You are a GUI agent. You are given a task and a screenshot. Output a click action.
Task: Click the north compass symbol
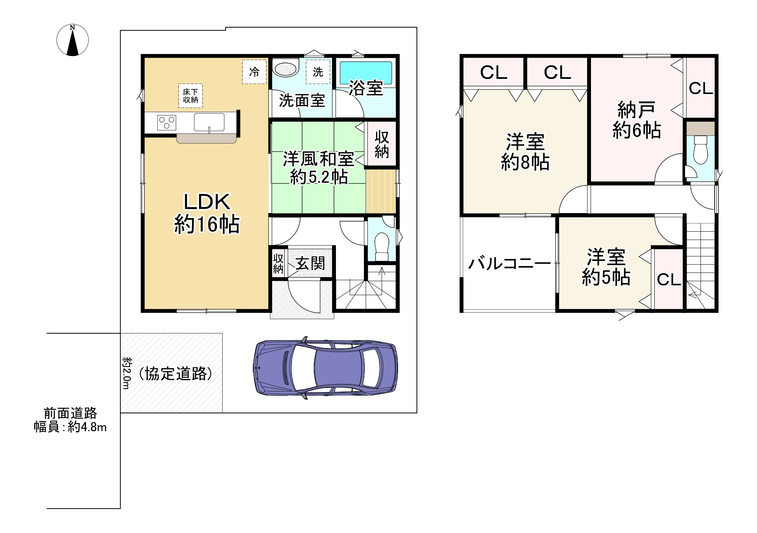[73, 40]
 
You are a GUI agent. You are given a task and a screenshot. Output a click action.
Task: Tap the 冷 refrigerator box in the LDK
[254, 72]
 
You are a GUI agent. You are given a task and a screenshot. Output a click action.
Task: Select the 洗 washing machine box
[318, 72]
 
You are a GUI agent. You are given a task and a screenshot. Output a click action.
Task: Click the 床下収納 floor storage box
[191, 96]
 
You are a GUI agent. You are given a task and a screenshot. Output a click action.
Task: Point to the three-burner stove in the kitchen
[166, 122]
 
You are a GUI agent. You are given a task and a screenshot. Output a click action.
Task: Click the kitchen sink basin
[209, 122]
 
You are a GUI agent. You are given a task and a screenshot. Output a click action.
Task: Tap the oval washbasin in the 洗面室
[286, 68]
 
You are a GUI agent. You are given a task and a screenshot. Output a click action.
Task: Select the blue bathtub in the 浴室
[366, 73]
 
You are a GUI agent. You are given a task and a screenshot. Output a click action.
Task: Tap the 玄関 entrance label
[310, 263]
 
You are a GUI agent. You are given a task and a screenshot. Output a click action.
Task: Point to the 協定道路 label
[176, 374]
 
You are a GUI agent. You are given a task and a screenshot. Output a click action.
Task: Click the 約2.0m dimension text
[126, 373]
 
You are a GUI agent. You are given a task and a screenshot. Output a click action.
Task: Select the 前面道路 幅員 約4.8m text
[70, 420]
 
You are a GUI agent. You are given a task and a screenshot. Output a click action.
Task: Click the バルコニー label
[509, 264]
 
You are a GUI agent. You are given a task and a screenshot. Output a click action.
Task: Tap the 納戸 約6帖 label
[636, 120]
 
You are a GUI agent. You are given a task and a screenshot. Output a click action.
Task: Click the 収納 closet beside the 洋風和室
[382, 144]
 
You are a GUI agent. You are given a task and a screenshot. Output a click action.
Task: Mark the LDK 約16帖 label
[206, 213]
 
